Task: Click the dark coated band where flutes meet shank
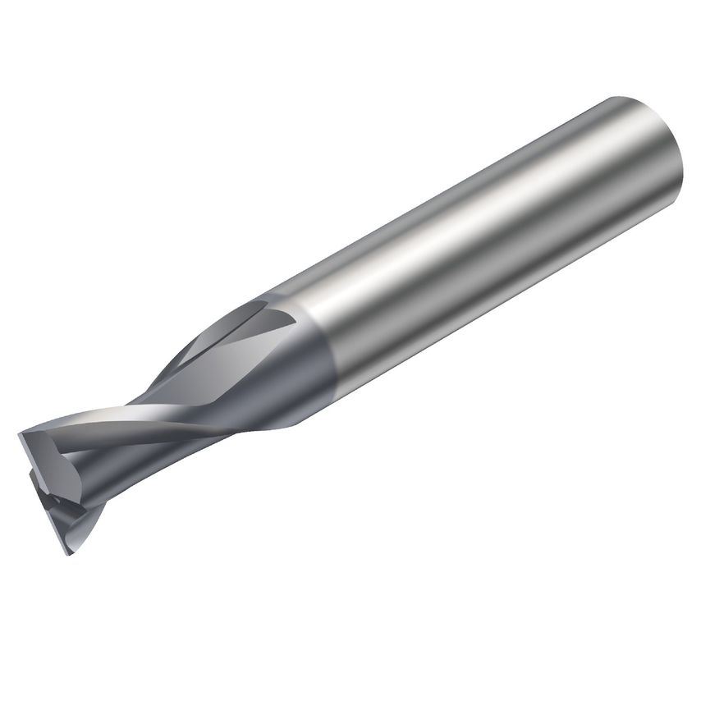tap(312, 361)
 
